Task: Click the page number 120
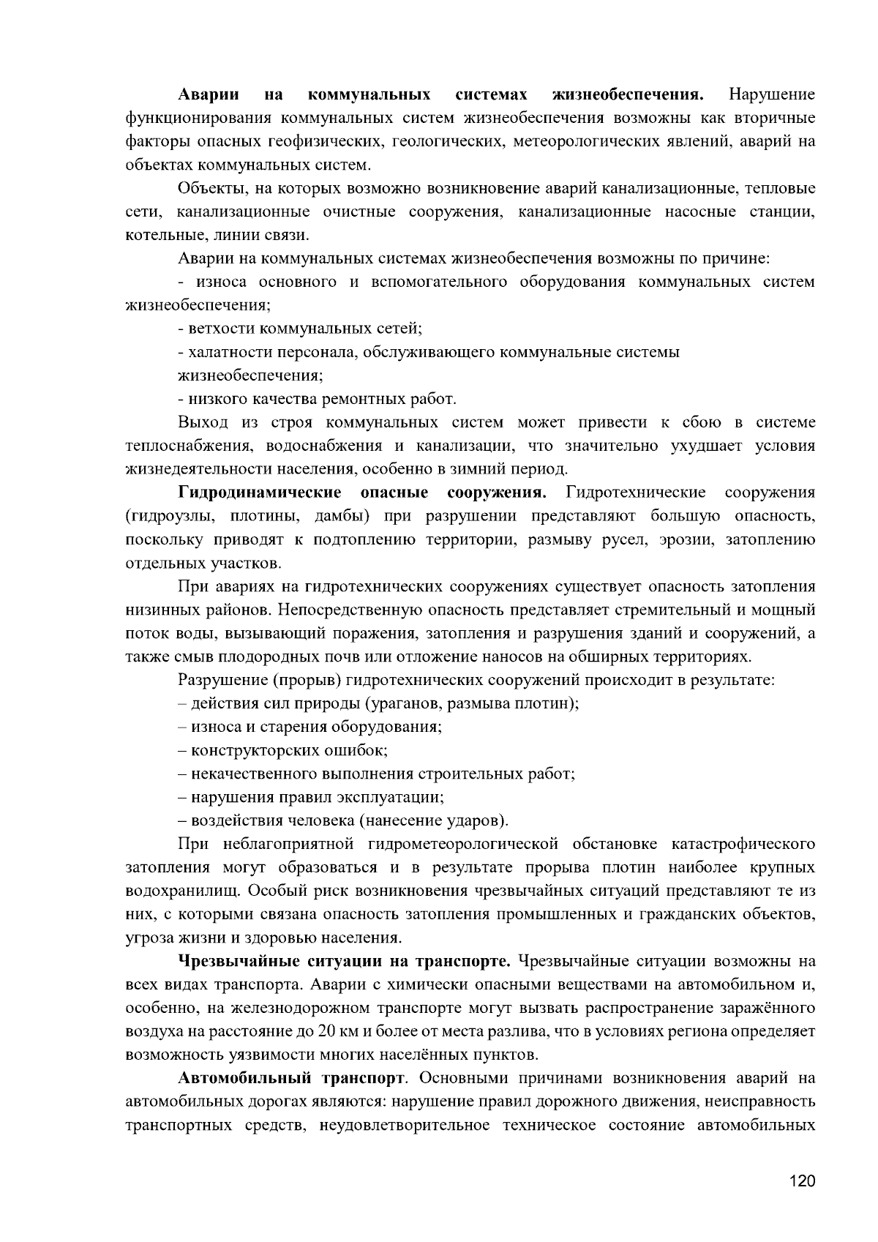pos(802,1181)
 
